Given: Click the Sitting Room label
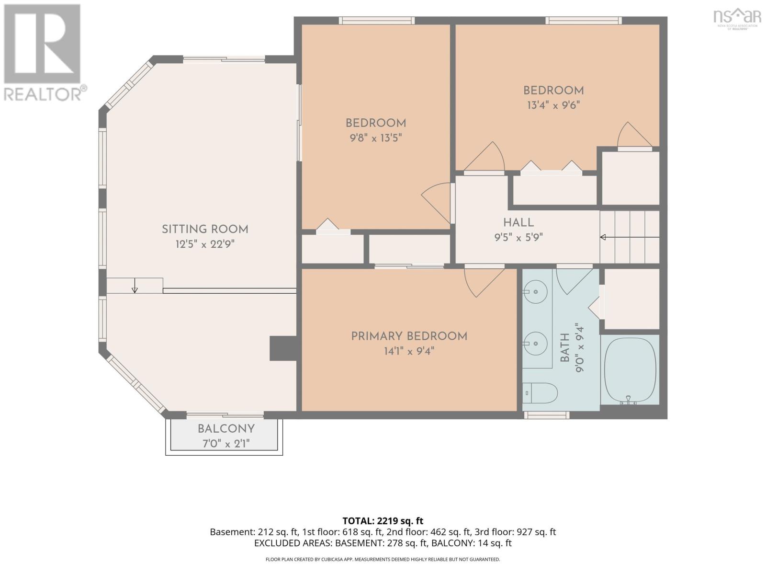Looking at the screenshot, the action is (205, 230).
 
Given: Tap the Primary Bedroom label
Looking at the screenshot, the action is (409, 336).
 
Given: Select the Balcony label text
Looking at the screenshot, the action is (226, 429).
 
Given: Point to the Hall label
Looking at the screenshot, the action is (518, 222).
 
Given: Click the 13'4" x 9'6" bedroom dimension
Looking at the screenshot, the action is (553, 105).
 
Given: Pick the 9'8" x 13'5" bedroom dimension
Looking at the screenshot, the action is (376, 138).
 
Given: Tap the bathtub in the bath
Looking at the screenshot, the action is (630, 371).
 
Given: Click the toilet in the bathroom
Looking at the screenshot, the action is (540, 393).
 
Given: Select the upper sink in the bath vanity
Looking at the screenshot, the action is (535, 291).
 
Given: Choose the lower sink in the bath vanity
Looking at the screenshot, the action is (535, 344).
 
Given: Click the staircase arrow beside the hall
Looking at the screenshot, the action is (630, 237).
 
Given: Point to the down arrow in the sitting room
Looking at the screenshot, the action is (135, 285).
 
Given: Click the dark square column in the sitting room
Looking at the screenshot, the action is (283, 348).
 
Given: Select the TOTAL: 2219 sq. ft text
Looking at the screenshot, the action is (383, 521).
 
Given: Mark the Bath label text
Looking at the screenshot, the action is (564, 347).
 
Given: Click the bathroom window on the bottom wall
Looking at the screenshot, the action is (547, 415).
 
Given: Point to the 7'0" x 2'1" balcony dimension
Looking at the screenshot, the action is (226, 444).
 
